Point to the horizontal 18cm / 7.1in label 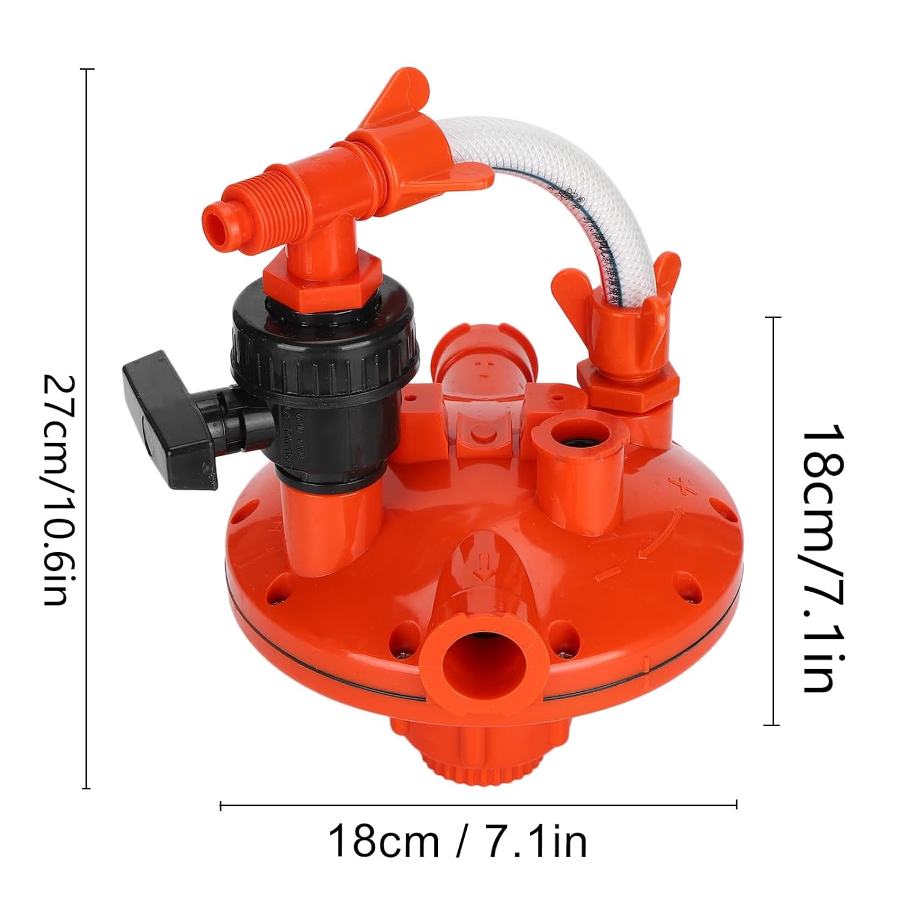coord(457,841)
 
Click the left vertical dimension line coord(88,427)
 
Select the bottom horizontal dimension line coord(479,806)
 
